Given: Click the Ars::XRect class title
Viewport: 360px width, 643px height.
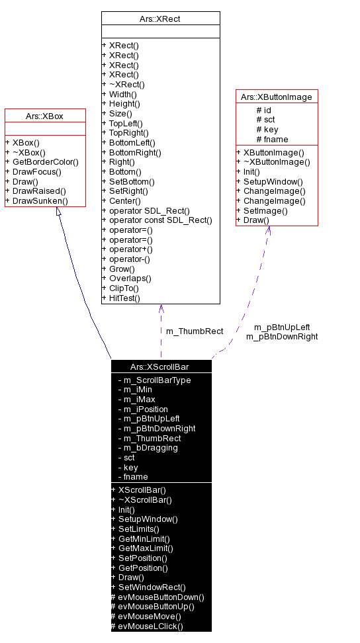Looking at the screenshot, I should click(x=161, y=19).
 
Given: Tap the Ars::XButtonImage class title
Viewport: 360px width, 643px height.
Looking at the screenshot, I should click(x=277, y=97).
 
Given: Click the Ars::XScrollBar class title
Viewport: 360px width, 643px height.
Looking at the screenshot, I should click(x=161, y=366).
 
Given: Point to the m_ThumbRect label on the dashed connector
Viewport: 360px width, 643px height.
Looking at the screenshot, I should click(x=194, y=331).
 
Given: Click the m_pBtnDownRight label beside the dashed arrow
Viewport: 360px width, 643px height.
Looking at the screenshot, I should click(x=282, y=337).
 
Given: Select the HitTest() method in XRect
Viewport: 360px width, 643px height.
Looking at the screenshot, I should click(x=120, y=298).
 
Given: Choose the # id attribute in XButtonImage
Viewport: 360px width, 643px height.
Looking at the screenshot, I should click(x=263, y=110).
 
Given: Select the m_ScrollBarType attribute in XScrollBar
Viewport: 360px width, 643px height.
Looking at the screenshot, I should click(x=154, y=380).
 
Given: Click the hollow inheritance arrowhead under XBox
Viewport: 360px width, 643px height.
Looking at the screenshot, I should click(x=59, y=212).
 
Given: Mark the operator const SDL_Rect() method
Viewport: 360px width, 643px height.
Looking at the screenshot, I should click(x=156, y=220).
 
